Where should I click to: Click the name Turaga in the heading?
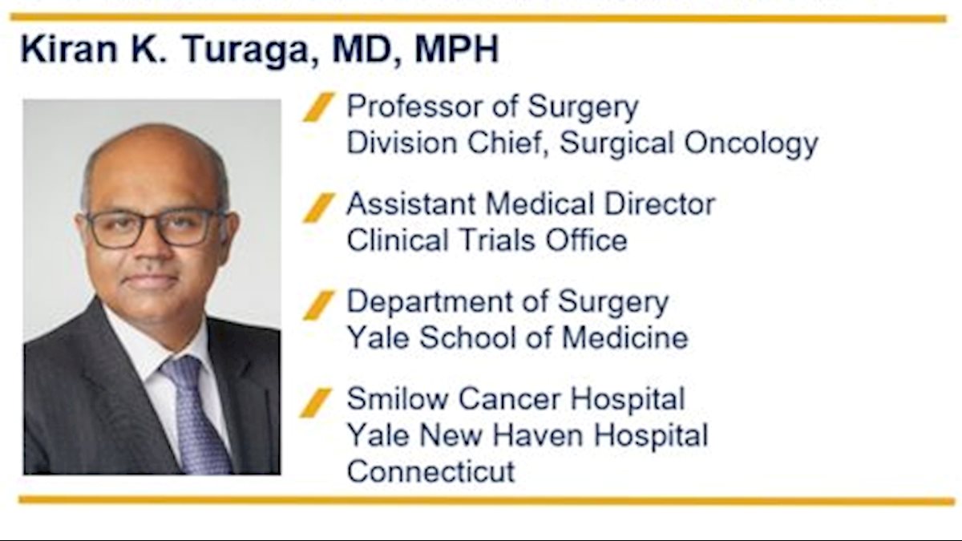(246, 50)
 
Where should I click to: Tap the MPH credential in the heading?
(456, 48)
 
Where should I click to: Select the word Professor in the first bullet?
(414, 106)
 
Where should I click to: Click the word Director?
(660, 204)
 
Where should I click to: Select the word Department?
(429, 301)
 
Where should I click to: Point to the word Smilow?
(398, 398)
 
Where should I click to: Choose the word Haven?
(538, 435)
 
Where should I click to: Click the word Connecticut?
(430, 471)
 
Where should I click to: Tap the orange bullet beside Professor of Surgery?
(319, 107)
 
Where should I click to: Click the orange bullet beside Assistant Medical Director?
(319, 208)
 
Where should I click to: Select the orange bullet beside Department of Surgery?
(319, 305)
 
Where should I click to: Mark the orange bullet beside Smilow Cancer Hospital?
(316, 402)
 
